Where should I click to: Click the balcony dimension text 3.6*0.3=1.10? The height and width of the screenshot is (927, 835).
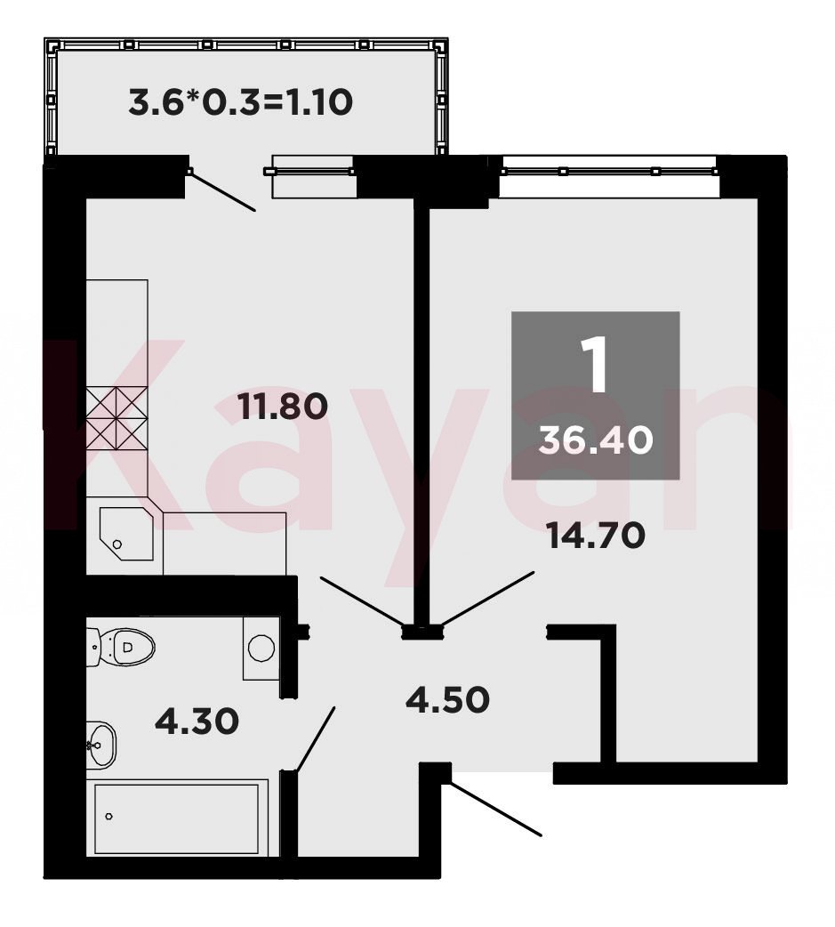240,101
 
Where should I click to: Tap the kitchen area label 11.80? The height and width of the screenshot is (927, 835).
283,407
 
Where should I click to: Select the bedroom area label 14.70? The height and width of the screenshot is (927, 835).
596,536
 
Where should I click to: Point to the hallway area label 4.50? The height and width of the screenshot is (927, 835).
448,699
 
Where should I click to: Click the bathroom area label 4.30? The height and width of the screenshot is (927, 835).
197,721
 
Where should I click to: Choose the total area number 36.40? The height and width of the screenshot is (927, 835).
596,440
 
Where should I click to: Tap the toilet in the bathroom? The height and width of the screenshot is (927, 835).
121,647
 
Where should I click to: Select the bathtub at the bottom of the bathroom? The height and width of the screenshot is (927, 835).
177,818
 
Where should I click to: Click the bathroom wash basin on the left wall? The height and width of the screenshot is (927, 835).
100,745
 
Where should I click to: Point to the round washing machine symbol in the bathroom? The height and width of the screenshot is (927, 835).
261,648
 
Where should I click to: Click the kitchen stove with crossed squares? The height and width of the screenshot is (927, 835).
117,418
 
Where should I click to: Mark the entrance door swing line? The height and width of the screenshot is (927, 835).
495,809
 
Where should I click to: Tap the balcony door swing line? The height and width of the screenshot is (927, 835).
223,191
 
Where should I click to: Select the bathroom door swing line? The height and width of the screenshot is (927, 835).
316,739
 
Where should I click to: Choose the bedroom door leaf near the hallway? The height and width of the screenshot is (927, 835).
488,599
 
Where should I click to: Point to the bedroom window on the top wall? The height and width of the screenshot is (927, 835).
608,171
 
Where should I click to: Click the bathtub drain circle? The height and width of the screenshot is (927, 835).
108,817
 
